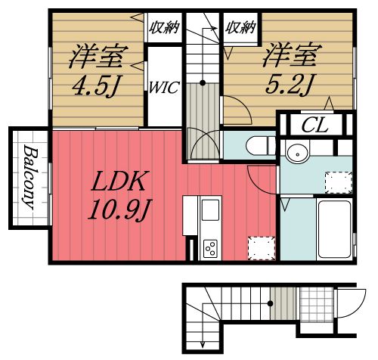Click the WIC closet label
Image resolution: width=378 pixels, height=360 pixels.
click(x=164, y=86)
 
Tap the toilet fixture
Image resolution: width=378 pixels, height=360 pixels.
click(x=257, y=144)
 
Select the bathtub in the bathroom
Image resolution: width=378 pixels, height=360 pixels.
click(x=332, y=226)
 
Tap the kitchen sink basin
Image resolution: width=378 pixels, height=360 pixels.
click(x=209, y=209)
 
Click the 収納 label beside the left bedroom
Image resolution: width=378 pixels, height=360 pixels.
click(x=163, y=28)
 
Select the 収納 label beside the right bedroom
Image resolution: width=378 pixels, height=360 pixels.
click(x=240, y=28)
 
